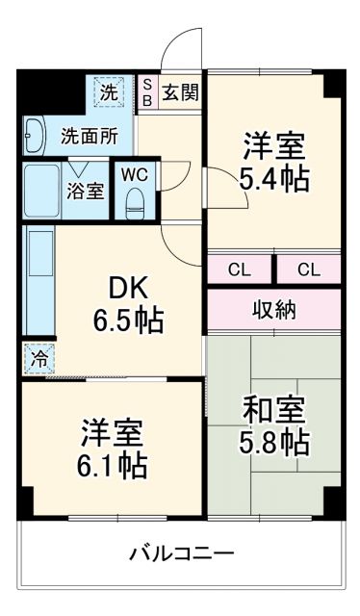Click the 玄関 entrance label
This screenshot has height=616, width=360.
coord(181,92)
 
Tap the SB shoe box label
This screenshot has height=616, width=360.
coord(147,92)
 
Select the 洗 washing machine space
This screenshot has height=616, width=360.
coord(109,93)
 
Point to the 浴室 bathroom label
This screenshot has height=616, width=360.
coord(86,191)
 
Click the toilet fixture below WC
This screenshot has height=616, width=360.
coord(136,201)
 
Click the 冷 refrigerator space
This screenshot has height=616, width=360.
coord(38,357)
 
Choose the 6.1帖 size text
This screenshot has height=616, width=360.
coord(113,466)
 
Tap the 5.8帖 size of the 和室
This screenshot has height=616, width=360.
coord(275,443)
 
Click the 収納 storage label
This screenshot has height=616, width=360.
coord(274,310)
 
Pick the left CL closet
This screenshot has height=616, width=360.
coord(240,269)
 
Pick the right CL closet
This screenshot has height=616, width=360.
coord(308,269)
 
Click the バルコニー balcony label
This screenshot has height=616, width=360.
coord(182,553)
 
